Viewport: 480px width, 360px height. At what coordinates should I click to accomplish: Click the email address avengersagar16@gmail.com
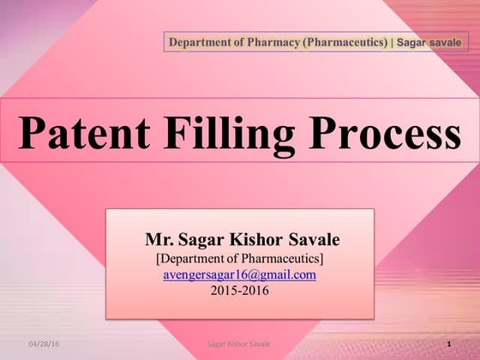pyautogui.click(x=240, y=275)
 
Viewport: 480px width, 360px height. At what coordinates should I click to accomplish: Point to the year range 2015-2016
pyautogui.click(x=240, y=290)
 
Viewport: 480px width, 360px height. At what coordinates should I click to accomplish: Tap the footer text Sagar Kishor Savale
pyautogui.click(x=240, y=343)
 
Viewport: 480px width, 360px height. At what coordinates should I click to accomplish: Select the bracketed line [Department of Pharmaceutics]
pyautogui.click(x=240, y=257)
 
